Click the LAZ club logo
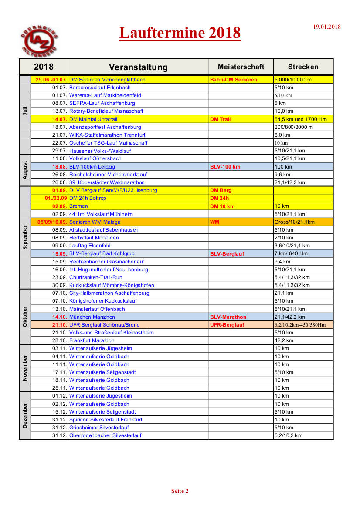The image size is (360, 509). [39, 42]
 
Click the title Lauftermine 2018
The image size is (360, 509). [180, 33]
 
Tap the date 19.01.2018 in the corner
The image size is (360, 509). [327, 27]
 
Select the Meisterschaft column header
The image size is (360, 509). [241, 67]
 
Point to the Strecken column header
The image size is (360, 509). [303, 67]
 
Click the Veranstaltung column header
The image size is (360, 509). [138, 67]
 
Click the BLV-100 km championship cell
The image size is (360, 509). [225, 167]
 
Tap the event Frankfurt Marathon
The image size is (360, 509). [92, 340]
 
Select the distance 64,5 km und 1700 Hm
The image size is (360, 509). [300, 119]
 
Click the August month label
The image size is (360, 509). [25, 170]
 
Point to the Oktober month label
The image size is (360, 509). [25, 317]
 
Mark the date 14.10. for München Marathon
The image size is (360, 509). [59, 317]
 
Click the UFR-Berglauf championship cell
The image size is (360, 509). [227, 325]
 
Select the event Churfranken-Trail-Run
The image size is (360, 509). [96, 277]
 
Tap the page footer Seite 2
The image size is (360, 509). [180, 491]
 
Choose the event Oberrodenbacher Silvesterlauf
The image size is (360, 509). [105, 435]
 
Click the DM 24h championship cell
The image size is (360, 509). [219, 198]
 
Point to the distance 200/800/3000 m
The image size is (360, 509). [294, 127]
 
